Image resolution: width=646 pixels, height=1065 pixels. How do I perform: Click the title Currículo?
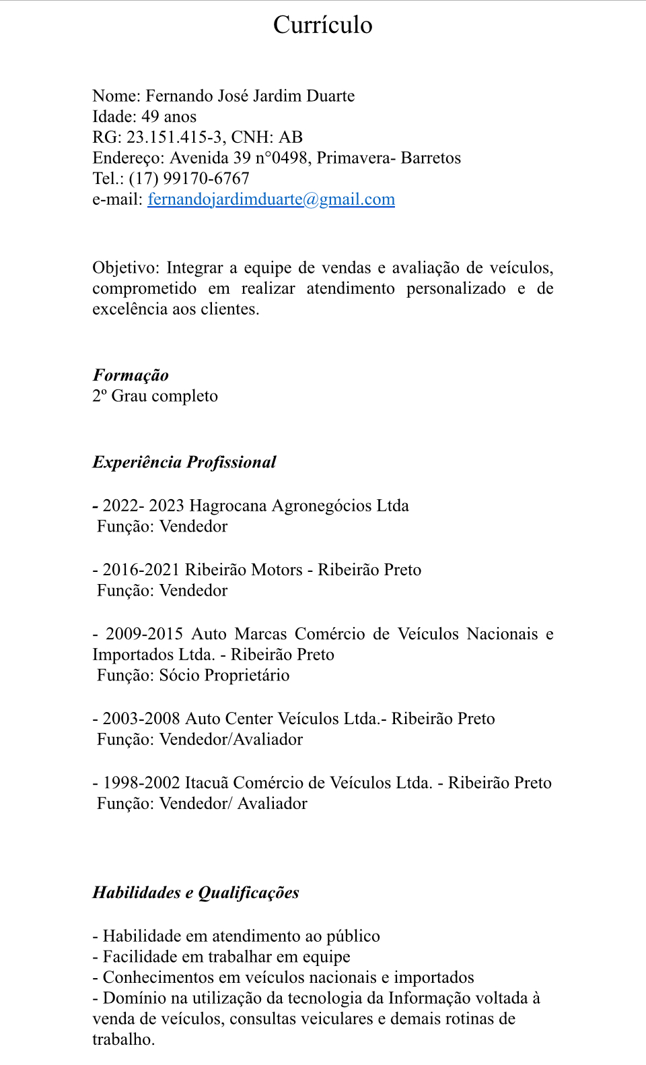(x=322, y=25)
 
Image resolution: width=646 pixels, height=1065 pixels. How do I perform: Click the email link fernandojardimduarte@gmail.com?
(x=271, y=199)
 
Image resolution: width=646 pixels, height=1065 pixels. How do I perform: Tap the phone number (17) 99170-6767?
(x=189, y=179)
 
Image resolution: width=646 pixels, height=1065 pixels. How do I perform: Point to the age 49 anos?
(x=169, y=117)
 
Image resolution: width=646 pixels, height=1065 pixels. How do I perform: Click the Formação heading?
(x=131, y=375)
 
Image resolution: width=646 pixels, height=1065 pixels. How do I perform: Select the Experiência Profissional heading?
(x=184, y=462)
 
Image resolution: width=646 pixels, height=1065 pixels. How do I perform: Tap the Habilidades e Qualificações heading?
(x=196, y=893)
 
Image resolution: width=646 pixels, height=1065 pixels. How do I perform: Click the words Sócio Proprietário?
(x=224, y=676)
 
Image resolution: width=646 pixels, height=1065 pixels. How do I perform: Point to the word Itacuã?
(x=207, y=783)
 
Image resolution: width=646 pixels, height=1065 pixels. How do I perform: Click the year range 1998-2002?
(x=141, y=783)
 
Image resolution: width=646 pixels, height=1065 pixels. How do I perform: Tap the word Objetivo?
(x=124, y=268)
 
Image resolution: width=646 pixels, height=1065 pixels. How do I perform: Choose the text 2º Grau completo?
(x=155, y=396)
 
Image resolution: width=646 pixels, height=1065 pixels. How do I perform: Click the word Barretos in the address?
(x=431, y=158)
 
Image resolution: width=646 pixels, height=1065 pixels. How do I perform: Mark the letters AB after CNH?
(x=291, y=137)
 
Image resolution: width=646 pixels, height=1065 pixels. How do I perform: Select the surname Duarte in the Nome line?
(x=330, y=96)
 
